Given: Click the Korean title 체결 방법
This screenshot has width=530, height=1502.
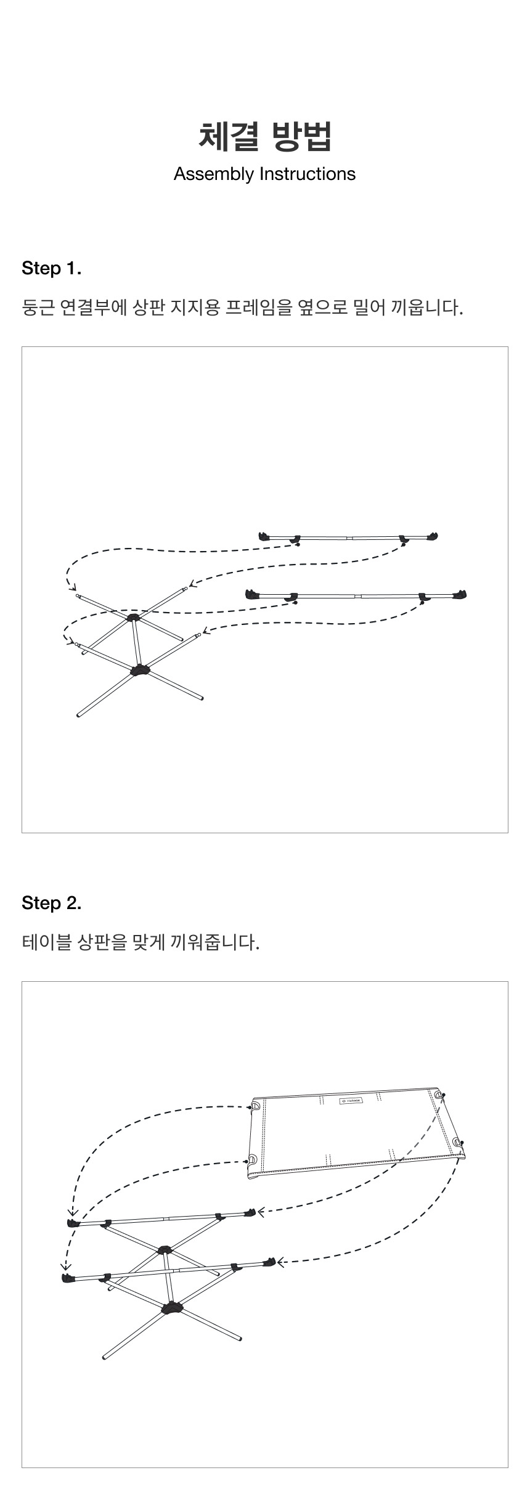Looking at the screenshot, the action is (x=265, y=136).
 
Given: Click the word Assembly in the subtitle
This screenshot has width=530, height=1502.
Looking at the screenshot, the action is (x=214, y=174).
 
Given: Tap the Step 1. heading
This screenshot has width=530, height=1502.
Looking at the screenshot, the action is (x=52, y=269).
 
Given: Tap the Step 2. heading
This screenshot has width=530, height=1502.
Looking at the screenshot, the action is (x=52, y=904).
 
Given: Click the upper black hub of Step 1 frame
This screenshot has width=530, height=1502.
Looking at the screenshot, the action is (x=133, y=616).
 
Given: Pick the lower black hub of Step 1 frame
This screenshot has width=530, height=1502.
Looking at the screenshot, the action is (x=140, y=671).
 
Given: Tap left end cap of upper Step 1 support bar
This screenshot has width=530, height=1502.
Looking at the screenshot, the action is (x=266, y=536).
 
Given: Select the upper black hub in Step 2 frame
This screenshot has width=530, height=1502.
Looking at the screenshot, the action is (x=165, y=1250).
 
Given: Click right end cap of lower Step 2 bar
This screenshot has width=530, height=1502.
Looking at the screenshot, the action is (x=269, y=1262).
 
